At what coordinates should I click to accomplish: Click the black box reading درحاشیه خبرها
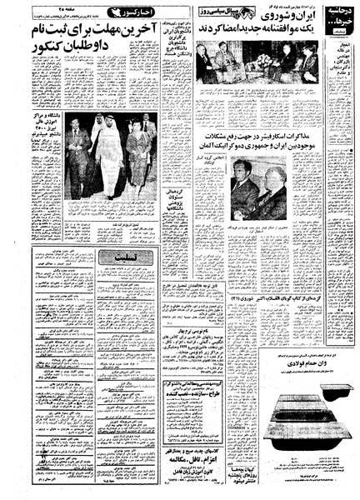(x=333, y=17)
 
